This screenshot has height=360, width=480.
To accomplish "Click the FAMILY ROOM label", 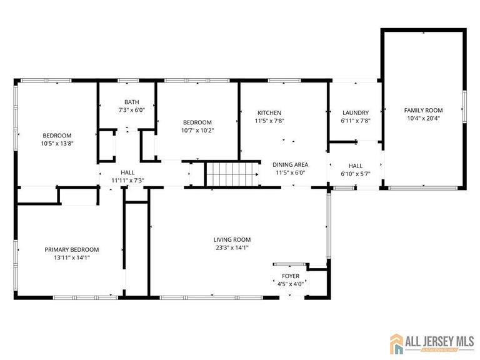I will click(x=423, y=109).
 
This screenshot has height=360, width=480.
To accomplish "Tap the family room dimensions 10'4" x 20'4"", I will click(x=423, y=118).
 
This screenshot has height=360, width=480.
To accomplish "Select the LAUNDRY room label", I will click(x=355, y=112).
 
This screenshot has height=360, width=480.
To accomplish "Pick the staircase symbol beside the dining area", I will click(x=233, y=174).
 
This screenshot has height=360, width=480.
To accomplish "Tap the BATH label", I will click(x=131, y=102).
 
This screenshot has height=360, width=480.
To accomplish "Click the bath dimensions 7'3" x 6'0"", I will click(x=131, y=110).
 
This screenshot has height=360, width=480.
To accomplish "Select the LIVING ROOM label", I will click(x=232, y=239).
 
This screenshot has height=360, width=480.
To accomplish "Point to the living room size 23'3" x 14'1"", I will click(x=232, y=247).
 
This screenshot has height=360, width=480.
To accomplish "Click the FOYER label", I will click(x=291, y=276).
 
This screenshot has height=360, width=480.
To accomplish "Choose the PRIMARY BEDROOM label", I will click(x=71, y=249).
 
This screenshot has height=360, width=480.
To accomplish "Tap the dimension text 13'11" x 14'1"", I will click(x=71, y=257).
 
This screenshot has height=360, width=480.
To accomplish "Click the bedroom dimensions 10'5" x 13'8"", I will click(x=57, y=143).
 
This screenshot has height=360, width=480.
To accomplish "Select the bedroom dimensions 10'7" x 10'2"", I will click(x=197, y=131).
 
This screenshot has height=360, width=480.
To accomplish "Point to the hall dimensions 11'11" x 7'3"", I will click(x=127, y=181).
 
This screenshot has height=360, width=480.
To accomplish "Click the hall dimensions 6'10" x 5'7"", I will click(x=356, y=174).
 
